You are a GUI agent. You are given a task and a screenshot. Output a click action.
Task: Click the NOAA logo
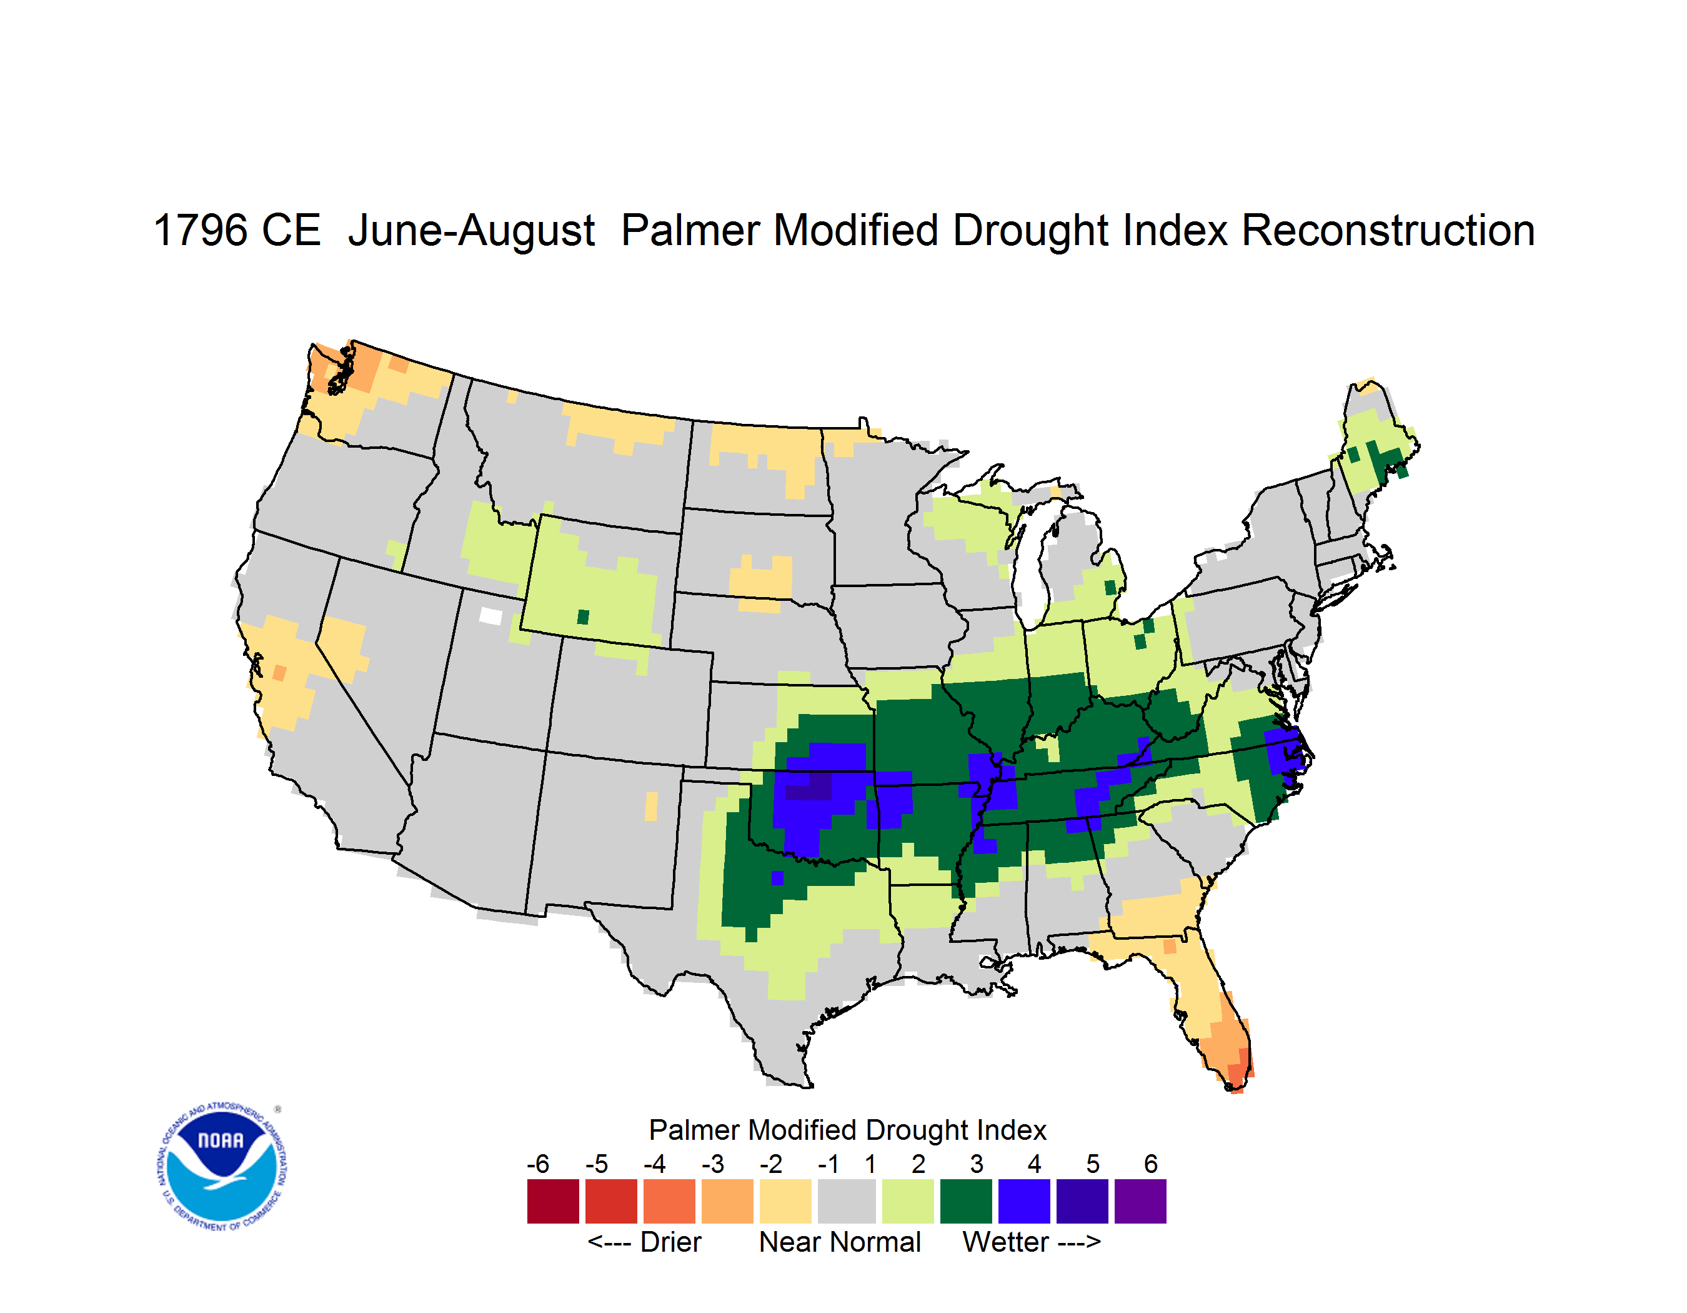222,1167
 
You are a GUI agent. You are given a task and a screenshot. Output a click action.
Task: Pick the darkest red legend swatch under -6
553,1201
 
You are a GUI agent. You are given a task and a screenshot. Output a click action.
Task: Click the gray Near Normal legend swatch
847,1201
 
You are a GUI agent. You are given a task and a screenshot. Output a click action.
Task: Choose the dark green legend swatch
965,1201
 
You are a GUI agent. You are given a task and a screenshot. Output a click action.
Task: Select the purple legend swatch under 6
1140,1201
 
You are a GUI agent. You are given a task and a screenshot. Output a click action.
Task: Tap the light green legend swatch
908,1201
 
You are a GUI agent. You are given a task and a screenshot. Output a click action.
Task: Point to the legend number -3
712,1164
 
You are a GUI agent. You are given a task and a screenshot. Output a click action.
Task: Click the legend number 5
1092,1164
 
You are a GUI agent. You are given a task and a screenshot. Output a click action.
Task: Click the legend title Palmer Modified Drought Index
847,1130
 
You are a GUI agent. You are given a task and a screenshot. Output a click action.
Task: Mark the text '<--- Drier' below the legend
644,1242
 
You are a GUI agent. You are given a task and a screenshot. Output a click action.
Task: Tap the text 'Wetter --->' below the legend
1031,1242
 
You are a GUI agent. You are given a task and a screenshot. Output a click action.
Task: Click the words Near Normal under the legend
840,1242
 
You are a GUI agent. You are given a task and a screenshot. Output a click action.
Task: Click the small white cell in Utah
490,616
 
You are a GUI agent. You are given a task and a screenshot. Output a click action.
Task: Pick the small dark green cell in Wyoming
583,616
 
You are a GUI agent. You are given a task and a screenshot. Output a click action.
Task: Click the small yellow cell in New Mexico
651,806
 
